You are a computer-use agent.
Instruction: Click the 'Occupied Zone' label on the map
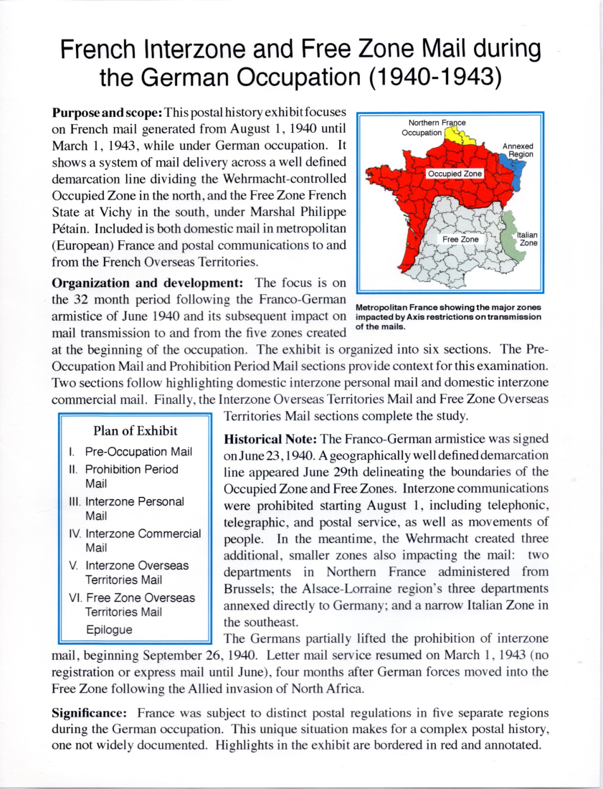click(x=455, y=174)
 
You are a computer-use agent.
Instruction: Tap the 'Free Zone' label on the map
click(x=460, y=238)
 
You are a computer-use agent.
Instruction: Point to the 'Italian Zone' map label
click(x=528, y=239)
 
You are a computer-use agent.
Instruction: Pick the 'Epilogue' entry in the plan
click(x=109, y=630)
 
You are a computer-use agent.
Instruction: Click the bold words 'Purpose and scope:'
click(x=108, y=113)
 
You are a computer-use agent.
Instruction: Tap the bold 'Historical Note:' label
click(x=272, y=438)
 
